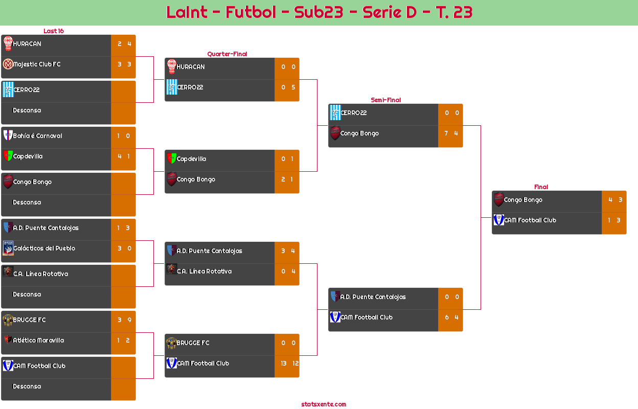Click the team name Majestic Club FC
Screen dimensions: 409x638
[x=37, y=64]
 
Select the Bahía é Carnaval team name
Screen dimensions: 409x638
[x=37, y=136]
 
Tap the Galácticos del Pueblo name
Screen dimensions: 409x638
[x=44, y=248]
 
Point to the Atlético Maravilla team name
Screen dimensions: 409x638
[x=38, y=340]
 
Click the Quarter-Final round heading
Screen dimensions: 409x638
[x=226, y=54]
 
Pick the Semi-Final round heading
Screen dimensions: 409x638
[x=385, y=100]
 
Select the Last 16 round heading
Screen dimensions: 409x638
[x=53, y=31]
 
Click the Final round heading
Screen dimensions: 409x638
[x=540, y=187]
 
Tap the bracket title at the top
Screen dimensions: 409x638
[x=319, y=12]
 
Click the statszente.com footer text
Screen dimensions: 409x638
[x=324, y=404]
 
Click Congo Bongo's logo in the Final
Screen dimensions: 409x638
[x=498, y=200]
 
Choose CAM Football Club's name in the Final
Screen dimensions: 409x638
[x=530, y=220]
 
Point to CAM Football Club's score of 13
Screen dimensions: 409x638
[x=284, y=363]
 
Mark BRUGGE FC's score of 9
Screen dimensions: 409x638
[x=129, y=320]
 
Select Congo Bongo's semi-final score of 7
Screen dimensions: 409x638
[x=446, y=133]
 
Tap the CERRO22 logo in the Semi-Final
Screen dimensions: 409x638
[x=335, y=112]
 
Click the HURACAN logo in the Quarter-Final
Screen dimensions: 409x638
[x=171, y=66]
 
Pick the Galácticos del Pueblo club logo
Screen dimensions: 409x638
[x=8, y=248]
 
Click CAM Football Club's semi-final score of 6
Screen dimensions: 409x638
[x=446, y=317]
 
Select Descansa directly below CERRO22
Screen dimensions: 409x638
[x=27, y=110]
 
